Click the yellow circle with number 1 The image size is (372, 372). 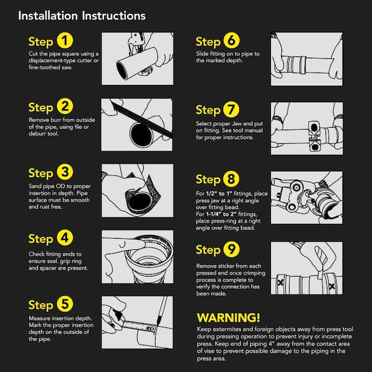pos(64,40)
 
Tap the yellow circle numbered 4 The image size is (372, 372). pos(64,237)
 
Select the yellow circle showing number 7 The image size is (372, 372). pos(231,109)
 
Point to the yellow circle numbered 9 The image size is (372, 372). pos(231,249)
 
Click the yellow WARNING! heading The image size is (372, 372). pos(228,317)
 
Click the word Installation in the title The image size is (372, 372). pos(48,16)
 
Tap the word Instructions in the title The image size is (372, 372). pos(113,16)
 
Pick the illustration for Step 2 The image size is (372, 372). pos(137,125)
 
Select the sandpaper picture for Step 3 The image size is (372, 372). pos(138,190)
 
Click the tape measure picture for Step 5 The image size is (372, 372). pos(138,322)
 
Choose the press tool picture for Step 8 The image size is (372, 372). pos(306,197)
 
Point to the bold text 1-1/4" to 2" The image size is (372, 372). pos(221,214)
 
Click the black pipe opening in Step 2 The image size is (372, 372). pos(141,135)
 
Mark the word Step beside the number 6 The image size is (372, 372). pos(208,42)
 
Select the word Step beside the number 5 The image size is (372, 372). pos(40,305)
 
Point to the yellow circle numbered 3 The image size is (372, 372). pos(64,172)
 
